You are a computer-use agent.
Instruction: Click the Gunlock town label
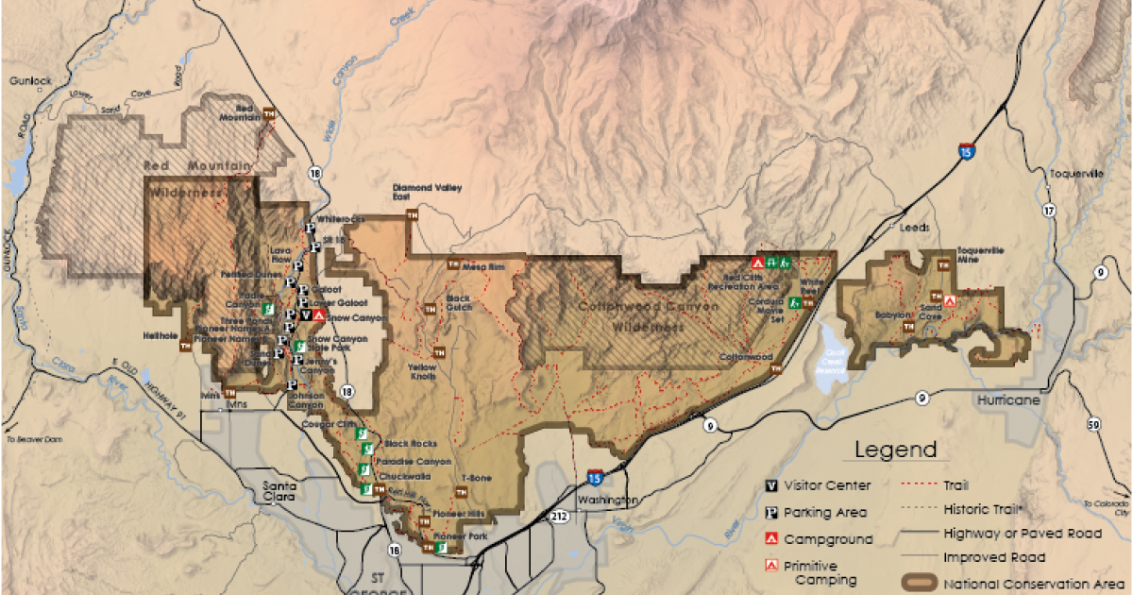(27, 81)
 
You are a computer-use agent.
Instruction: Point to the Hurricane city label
(1012, 400)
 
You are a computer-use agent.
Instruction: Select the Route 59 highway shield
(1093, 424)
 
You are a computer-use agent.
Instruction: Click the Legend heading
(895, 450)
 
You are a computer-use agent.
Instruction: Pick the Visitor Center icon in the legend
(771, 486)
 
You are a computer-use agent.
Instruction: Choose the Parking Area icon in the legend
(771, 513)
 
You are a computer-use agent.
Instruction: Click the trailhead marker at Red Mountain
(270, 112)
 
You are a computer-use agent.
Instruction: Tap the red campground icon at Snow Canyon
(320, 315)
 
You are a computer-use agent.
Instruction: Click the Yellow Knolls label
(424, 370)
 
